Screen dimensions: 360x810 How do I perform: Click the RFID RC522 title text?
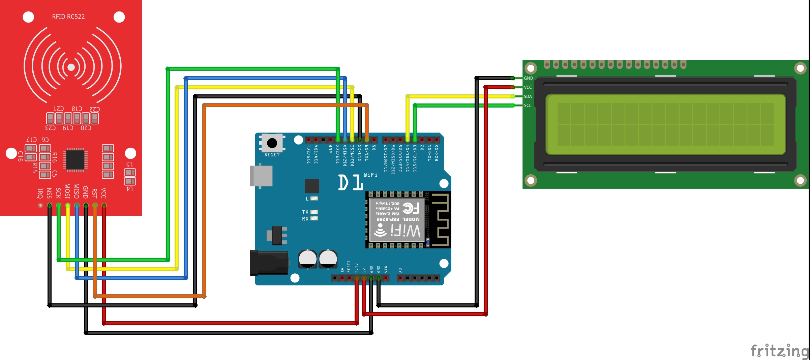pyautogui.click(x=68, y=17)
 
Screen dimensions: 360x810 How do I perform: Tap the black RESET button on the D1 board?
pyautogui.click(x=272, y=143)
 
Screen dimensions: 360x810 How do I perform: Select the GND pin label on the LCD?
pyautogui.click(x=528, y=78)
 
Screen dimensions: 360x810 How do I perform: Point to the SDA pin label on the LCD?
pyautogui.click(x=528, y=96)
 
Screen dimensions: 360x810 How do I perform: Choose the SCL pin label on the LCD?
pyautogui.click(x=528, y=106)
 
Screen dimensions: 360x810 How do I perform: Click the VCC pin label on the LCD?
pyautogui.click(x=528, y=87)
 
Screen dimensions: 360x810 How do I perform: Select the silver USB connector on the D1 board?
pyautogui.click(x=261, y=176)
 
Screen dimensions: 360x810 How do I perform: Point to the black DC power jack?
pyautogui.click(x=269, y=263)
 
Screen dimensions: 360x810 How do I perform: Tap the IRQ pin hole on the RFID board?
pyautogui.click(x=40, y=205)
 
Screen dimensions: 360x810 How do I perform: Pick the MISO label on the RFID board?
pyautogui.click(x=77, y=191)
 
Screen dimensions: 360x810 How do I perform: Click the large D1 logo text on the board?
pyautogui.click(x=351, y=182)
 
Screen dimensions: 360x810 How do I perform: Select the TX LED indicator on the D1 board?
pyautogui.click(x=314, y=212)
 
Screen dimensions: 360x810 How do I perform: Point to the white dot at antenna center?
pyautogui.click(x=71, y=67)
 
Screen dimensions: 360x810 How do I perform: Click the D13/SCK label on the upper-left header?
pyautogui.click(x=338, y=154)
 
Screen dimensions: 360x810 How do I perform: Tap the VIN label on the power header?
pyautogui.click(x=386, y=269)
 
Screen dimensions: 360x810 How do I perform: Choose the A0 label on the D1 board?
pyautogui.click(x=400, y=270)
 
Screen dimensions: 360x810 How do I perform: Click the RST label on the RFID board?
pyautogui.click(x=95, y=193)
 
